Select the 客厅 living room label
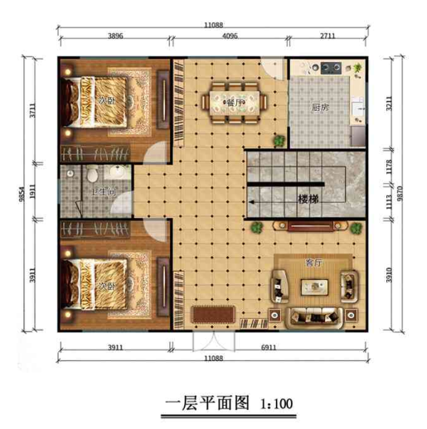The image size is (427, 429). tap(314, 263)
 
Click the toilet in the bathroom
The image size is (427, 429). tap(94, 175)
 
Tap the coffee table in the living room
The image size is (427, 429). tap(315, 287)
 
